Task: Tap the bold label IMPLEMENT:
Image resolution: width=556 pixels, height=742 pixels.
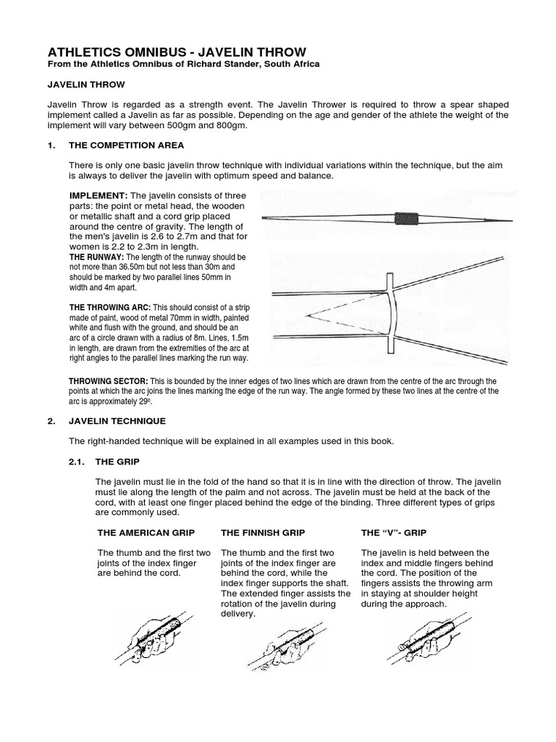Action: (98, 196)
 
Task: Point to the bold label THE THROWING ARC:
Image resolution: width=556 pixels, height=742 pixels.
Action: (108, 307)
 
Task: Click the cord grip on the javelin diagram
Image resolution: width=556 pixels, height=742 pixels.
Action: (405, 217)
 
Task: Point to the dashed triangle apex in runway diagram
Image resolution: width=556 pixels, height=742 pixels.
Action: (308, 314)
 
